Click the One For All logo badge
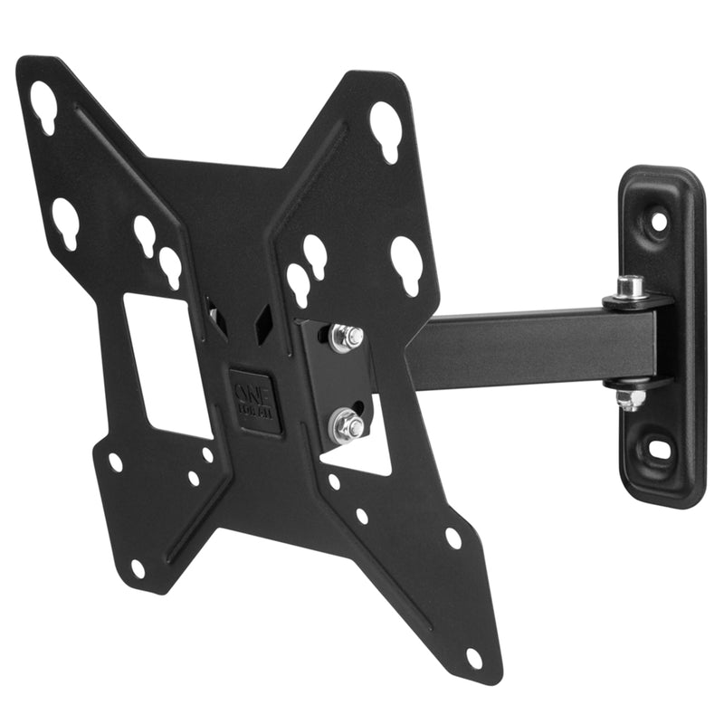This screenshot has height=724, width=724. pyautogui.click(x=254, y=399)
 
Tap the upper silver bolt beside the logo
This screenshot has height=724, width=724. pyautogui.click(x=347, y=338)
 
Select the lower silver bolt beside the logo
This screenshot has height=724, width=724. pyautogui.click(x=346, y=424)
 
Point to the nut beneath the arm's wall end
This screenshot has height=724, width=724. pyautogui.click(x=631, y=398)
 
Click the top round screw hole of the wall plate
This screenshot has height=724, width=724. pyautogui.click(x=659, y=220)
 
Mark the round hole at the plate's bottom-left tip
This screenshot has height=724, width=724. pyautogui.click(x=137, y=568)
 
